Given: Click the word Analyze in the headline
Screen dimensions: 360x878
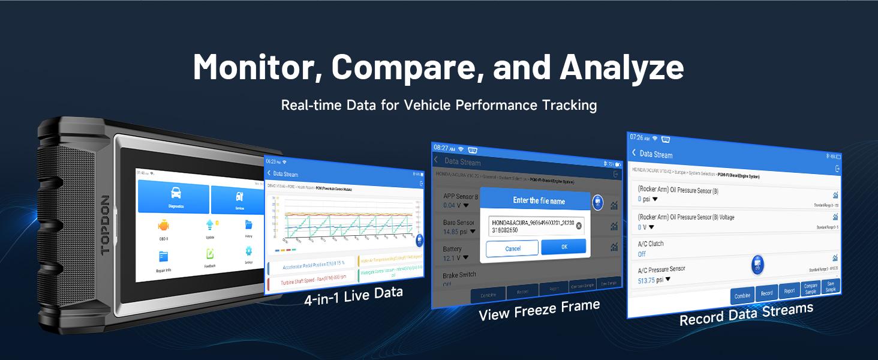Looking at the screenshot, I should tap(621, 68).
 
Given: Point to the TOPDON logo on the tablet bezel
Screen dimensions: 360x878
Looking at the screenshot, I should tap(106, 225).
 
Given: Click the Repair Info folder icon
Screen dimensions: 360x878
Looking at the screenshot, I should tap(164, 257).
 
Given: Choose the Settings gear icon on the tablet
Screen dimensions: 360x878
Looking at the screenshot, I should tap(248, 251).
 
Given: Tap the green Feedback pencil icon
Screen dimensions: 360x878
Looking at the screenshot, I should tap(210, 254).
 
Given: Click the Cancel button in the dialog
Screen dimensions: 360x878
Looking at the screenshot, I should tap(512, 248).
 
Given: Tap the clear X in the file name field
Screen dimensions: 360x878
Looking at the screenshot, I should tap(579, 226).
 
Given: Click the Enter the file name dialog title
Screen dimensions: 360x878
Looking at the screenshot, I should tap(539, 200).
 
